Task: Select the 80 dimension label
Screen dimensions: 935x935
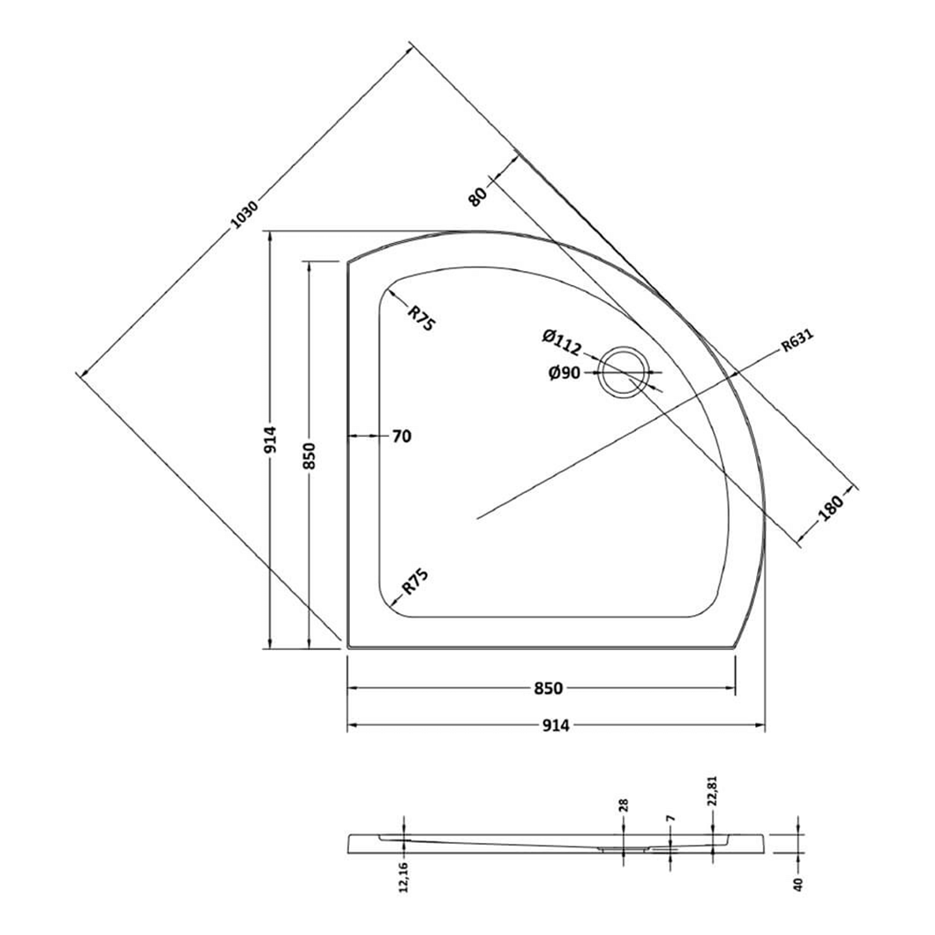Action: coord(478,194)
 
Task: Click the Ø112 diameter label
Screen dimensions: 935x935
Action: coord(562,336)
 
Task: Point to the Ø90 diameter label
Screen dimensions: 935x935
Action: coord(565,373)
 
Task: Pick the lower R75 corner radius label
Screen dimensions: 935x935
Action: coord(414,583)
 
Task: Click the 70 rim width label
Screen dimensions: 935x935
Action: coord(402,436)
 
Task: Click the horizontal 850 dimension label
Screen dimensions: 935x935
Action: coord(547,689)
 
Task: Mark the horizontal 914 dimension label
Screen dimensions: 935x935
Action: coord(556,725)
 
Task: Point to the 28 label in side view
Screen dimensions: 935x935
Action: coord(624,805)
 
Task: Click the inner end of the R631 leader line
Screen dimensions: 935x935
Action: coord(477,519)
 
